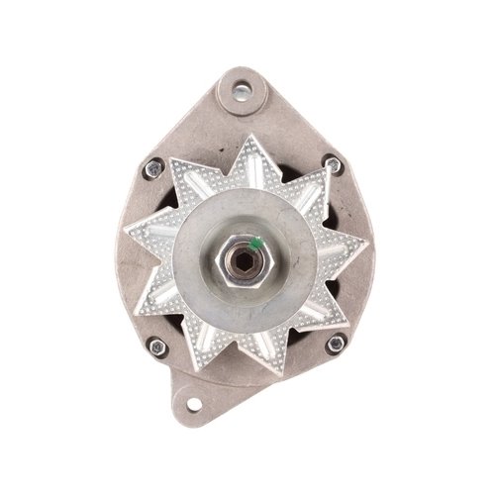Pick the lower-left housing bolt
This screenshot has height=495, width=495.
(x=155, y=346)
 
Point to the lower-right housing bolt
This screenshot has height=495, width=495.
(x=336, y=343)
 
